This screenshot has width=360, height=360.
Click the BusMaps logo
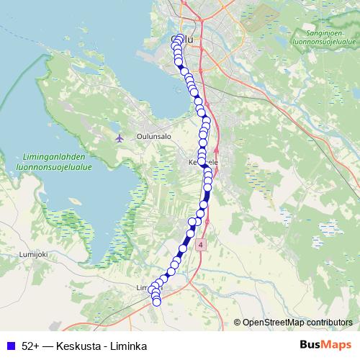coord(326,345)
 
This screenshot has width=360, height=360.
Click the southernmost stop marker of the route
coord(156,302)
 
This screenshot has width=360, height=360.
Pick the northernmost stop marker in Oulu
coord(179,38)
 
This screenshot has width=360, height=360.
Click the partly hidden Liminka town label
coord(143,287)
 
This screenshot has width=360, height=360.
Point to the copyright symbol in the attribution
coord(238,323)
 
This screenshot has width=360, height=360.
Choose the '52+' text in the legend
coord(30,346)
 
